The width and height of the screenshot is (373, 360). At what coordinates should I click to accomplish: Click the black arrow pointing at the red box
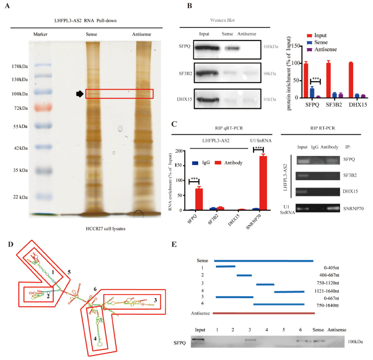tap(80, 94)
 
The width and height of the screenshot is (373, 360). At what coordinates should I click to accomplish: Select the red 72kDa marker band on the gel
tap(43, 108)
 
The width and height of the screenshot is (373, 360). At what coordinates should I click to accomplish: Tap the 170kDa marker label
tap(20, 66)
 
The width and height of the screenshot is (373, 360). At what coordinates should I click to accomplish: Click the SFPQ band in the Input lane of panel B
tap(207, 48)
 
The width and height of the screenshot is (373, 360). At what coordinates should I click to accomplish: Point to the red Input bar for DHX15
tap(351, 80)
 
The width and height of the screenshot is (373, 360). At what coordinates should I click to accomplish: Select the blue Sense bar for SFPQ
tap(312, 93)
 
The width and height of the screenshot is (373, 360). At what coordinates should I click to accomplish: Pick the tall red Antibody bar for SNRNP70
tap(263, 183)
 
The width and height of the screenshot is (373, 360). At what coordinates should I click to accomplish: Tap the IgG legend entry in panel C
tap(201, 163)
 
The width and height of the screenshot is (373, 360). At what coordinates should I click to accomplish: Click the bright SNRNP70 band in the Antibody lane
tap(333, 209)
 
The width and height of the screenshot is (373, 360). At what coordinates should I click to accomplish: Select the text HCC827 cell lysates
tap(105, 228)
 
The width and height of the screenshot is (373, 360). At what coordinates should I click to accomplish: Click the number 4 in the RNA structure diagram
tap(95, 338)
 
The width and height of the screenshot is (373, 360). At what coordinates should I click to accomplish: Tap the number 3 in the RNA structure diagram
tap(156, 300)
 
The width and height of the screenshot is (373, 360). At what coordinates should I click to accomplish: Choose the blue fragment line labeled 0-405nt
tap(226, 266)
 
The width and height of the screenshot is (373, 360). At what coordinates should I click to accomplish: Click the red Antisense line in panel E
tap(264, 313)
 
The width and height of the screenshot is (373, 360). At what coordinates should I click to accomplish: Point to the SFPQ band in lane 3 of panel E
tap(250, 340)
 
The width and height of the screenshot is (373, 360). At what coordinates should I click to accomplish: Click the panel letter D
tap(11, 245)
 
